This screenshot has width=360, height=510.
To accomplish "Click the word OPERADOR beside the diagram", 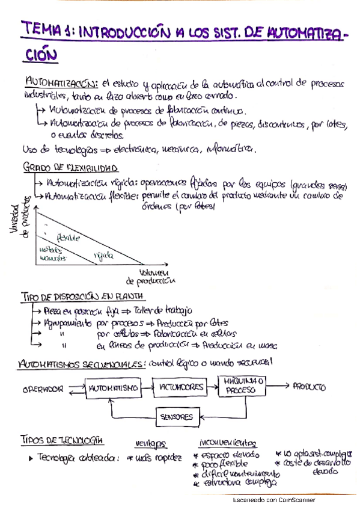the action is (x=43, y=389).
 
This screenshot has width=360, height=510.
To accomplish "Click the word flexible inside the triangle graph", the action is (x=68, y=238).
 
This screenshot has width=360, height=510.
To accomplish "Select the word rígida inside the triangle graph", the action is (x=103, y=256).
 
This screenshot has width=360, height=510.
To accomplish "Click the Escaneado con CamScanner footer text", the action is (x=273, y=500).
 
